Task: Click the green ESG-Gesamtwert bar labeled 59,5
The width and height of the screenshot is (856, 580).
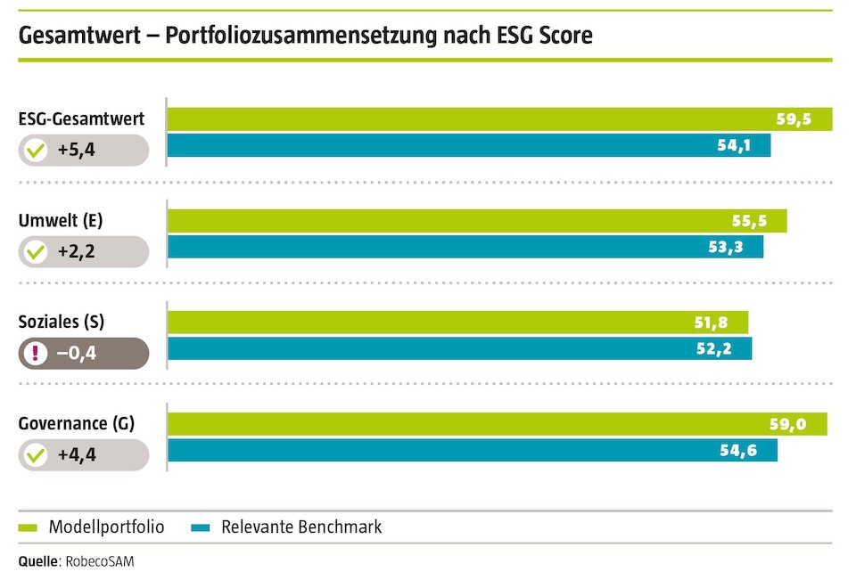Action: [x=499, y=119]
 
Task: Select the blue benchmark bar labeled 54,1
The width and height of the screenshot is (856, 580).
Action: [x=469, y=145]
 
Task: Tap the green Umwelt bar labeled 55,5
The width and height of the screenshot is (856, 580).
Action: [x=477, y=221]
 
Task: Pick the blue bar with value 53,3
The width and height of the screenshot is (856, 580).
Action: [x=465, y=247]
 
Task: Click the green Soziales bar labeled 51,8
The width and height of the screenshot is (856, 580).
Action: [x=457, y=323]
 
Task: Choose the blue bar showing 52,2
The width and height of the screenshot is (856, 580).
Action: [x=459, y=348]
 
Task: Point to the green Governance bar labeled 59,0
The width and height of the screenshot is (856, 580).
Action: [x=497, y=424]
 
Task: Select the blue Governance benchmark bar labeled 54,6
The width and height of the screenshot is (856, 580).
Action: [x=473, y=450]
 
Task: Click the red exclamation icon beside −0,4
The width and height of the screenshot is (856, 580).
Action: [x=36, y=354]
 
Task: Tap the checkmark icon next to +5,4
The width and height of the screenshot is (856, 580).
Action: [x=36, y=151]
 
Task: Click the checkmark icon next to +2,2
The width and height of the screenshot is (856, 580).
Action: [x=36, y=252]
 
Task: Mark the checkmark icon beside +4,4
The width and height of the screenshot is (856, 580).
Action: [x=36, y=455]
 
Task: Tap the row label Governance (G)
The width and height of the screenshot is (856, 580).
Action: [x=77, y=423]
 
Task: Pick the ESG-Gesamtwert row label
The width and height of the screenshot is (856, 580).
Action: [x=81, y=118]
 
